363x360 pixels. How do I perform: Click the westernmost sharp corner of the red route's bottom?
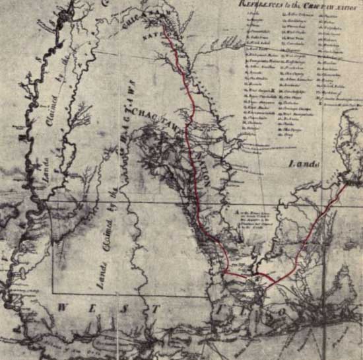225,273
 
